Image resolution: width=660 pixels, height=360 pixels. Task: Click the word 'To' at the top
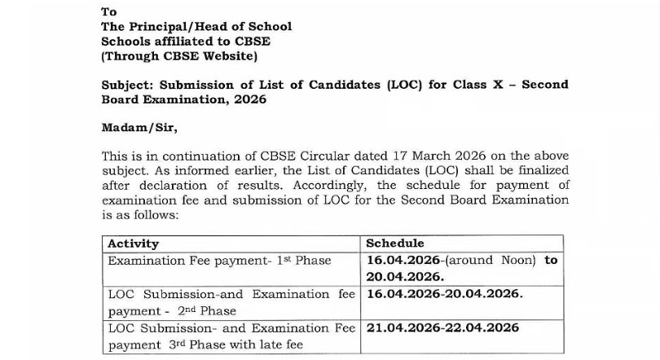[x=108, y=11]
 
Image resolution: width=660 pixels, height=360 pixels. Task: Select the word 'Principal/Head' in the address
[x=176, y=26]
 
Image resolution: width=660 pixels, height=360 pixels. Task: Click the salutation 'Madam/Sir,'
[x=139, y=128]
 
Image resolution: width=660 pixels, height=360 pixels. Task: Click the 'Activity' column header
[x=133, y=244]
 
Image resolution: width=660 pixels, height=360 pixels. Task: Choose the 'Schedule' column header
[x=394, y=244]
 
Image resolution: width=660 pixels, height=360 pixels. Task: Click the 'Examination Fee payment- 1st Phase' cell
[x=219, y=261]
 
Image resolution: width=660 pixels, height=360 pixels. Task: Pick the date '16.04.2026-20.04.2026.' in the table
[x=444, y=294]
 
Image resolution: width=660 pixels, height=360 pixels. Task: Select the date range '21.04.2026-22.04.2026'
[x=442, y=328]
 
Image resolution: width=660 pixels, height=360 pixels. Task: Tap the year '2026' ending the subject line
[x=250, y=99]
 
